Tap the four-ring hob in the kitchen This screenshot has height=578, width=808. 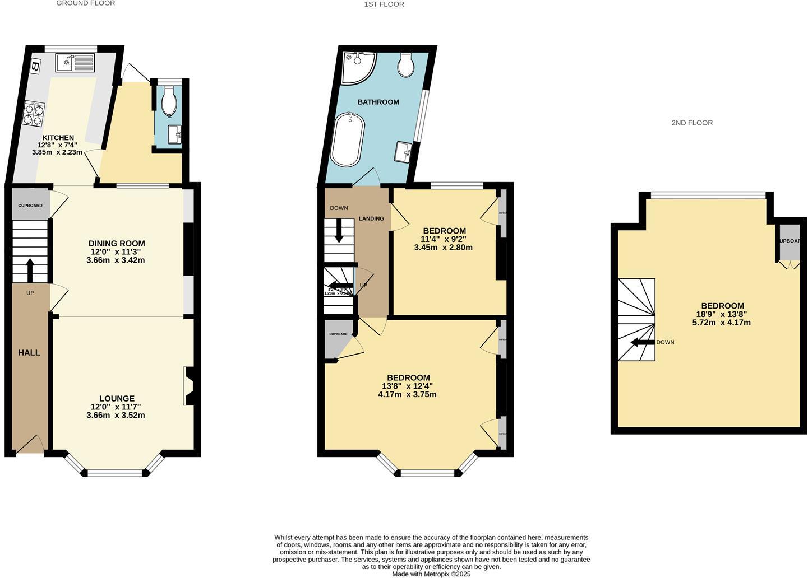pos(34,114)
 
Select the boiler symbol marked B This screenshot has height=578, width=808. pos(36,67)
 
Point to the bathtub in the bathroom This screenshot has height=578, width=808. pos(348,139)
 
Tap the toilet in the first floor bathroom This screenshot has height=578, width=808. pos(405,64)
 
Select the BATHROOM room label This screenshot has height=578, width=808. pos(378,102)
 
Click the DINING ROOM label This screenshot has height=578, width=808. pos(117,244)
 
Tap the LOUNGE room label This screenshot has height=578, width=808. pos(117,399)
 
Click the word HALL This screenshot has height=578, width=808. pos(29,353)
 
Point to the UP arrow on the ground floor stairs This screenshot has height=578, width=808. pos(30,270)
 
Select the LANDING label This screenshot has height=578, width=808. pos(371,218)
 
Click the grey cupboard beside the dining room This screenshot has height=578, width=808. pos(30,205)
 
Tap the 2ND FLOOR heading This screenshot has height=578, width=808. pos(692,123)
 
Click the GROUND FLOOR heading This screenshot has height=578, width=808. pos(86,3)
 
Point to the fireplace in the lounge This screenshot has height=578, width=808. pos(188,386)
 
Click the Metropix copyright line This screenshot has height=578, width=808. pos(431,574)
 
